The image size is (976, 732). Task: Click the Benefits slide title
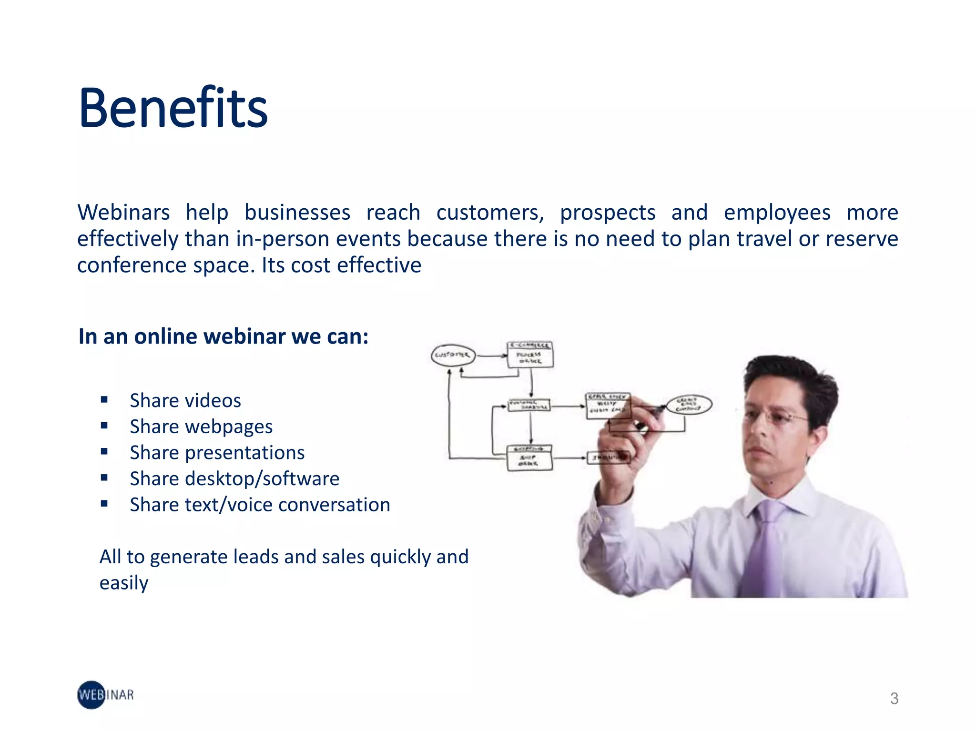coord(173,108)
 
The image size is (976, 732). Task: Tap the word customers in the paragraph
coord(490,213)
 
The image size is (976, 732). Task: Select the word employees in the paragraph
coord(776,213)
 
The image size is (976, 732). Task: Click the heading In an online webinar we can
coord(224,336)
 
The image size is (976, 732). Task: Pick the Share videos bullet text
coord(185,400)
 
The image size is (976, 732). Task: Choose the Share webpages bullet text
coord(201,427)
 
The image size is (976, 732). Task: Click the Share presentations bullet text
coord(217,453)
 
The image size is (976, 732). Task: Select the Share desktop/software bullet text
coord(234,478)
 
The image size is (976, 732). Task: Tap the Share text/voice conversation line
coord(260,505)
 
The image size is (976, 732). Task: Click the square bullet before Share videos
coord(104,399)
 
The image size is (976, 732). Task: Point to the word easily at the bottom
coord(124,583)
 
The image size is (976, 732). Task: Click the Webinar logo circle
coord(91,695)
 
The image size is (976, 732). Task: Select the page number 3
coord(894,699)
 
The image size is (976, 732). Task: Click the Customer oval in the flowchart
coord(453,355)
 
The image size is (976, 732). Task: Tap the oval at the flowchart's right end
coord(688,405)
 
